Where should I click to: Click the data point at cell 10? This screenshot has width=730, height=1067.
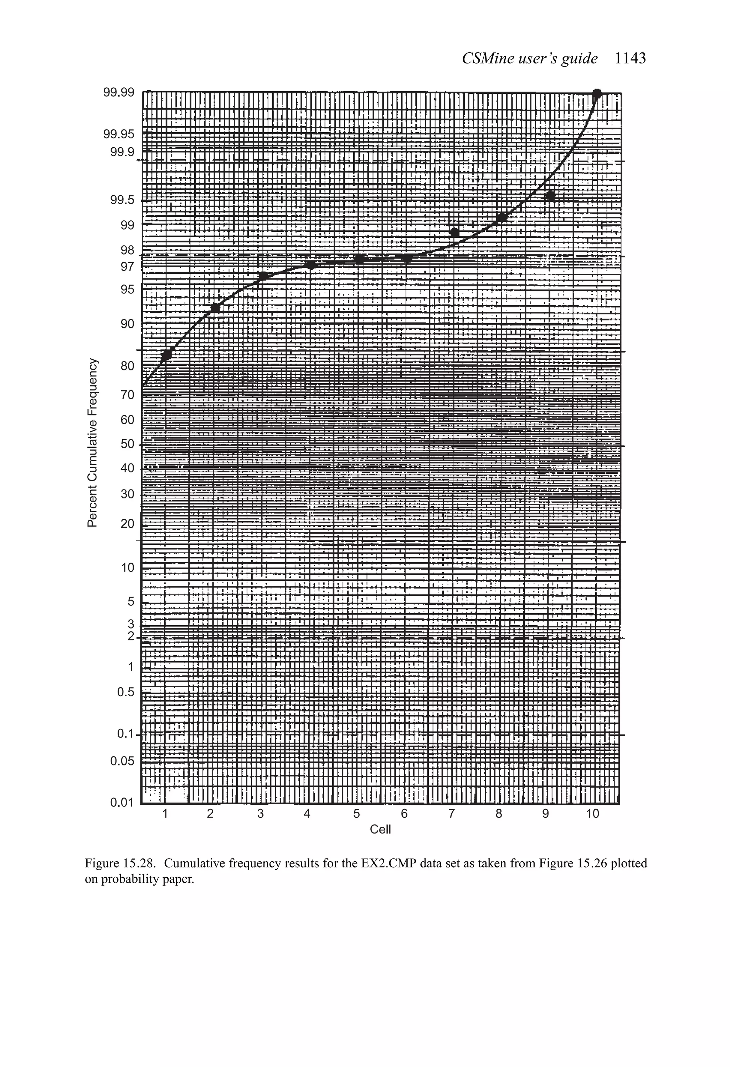point(597,94)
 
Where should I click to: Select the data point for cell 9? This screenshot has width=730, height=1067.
point(550,196)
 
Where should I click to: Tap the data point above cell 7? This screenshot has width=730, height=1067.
point(454,232)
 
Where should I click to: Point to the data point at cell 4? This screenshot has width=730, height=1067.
point(311,265)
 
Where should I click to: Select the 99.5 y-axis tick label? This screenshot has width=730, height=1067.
point(122,200)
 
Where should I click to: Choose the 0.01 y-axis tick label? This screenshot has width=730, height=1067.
point(122,802)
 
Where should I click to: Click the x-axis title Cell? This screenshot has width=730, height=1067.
point(380,830)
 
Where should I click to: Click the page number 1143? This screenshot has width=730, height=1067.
point(630,58)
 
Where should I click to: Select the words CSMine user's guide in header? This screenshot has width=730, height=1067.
point(529,58)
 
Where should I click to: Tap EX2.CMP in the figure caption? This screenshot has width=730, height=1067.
point(377,863)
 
